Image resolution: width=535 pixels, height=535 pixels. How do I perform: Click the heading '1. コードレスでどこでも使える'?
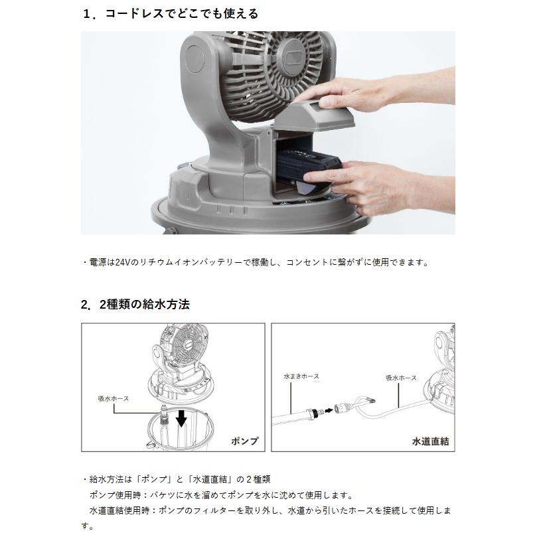coord(171,13)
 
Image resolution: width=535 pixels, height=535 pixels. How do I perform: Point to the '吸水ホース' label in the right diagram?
coord(401,377)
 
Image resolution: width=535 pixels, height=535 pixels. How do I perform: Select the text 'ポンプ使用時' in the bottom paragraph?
coord(116,495)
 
